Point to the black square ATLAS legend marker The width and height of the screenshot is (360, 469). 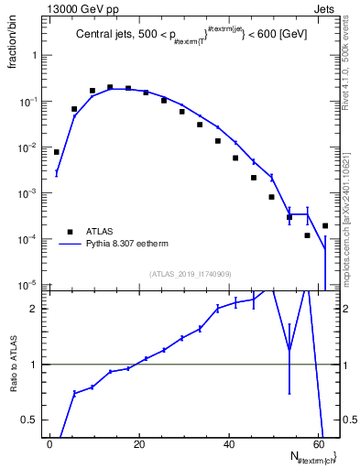tap(70, 232)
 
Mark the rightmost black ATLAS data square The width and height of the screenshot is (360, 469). tap(325, 225)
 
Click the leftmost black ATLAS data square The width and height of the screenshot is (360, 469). tap(57, 152)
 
